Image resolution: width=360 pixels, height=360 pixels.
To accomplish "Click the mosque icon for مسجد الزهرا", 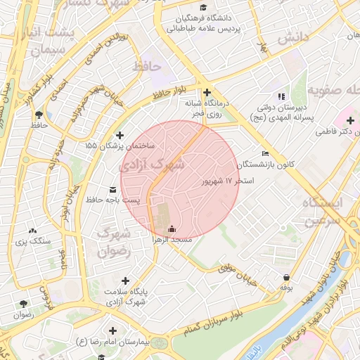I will [x=172, y=229].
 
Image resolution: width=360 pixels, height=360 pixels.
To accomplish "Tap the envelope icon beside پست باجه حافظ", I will [x=113, y=190].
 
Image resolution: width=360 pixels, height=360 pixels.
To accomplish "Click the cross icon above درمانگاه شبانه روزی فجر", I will [x=207, y=92].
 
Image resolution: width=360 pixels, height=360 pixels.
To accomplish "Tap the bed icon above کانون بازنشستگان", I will [x=265, y=153].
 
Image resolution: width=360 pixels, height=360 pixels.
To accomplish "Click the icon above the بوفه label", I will [x=286, y=277].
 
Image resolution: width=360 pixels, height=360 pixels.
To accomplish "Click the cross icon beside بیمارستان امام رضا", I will [x=112, y=330].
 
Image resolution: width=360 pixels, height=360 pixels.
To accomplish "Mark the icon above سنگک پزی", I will [x=32, y=230].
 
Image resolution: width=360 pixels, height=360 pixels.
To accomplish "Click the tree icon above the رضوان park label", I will [x=23, y=304].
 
